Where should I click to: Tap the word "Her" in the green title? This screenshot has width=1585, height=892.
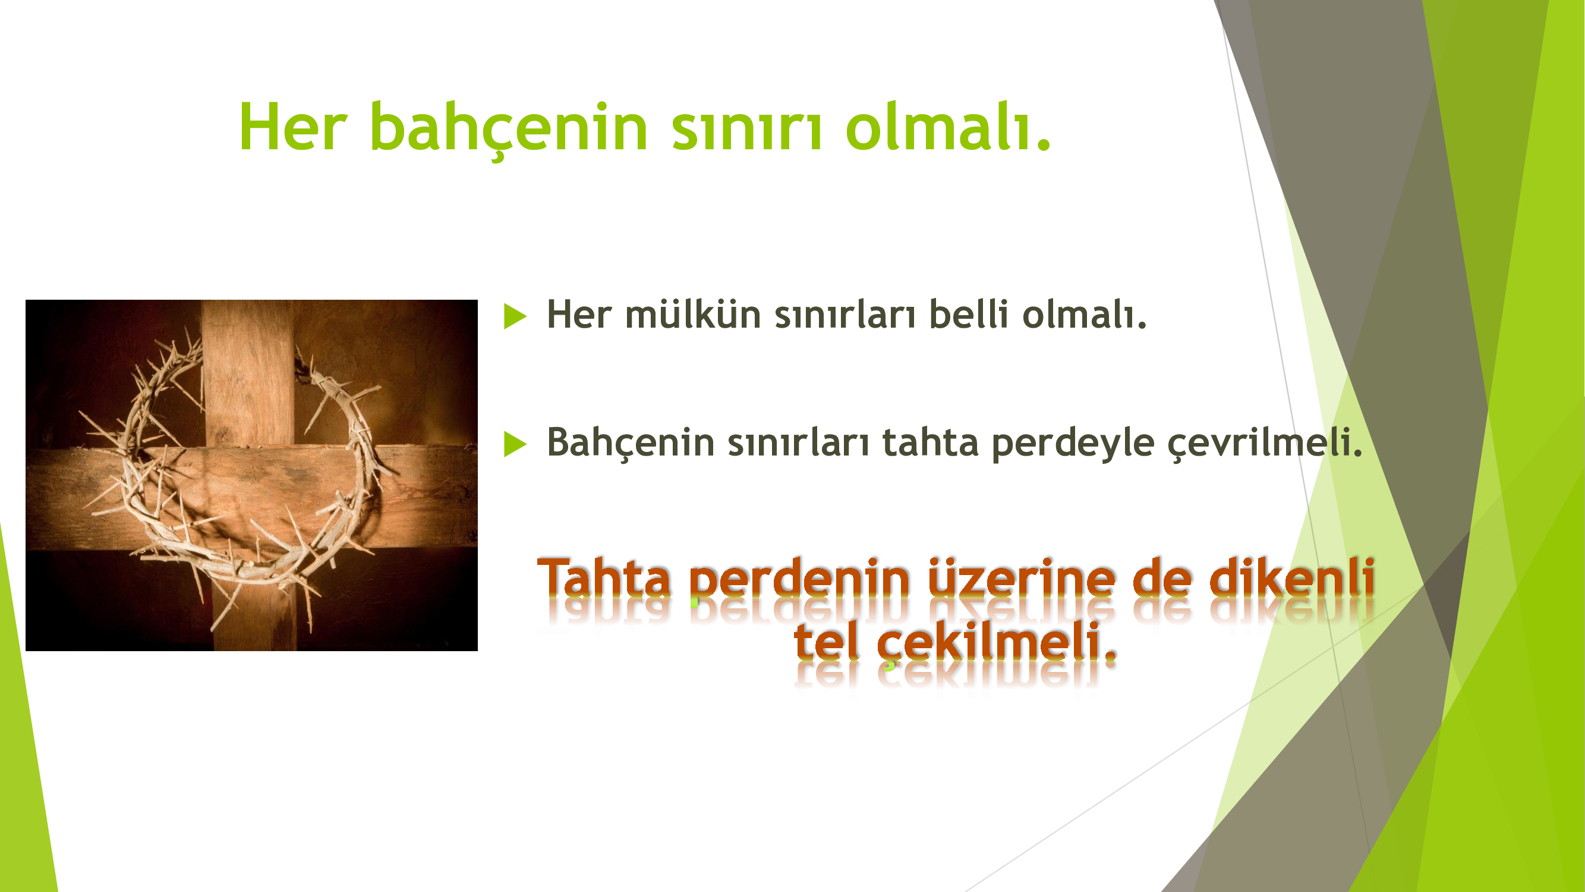[x=293, y=127]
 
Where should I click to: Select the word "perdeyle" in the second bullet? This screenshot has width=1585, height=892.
[x=1073, y=443]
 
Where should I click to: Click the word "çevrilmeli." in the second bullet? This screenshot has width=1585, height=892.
[x=1265, y=443]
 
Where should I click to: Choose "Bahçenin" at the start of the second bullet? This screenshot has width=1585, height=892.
[x=631, y=442]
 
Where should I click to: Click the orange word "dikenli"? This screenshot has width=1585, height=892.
[x=1292, y=577]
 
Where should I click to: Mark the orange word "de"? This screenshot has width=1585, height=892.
[x=1161, y=577]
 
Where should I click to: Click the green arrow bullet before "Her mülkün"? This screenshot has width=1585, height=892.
[x=515, y=316]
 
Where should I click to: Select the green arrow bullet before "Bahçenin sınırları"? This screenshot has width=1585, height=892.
[x=515, y=444]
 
